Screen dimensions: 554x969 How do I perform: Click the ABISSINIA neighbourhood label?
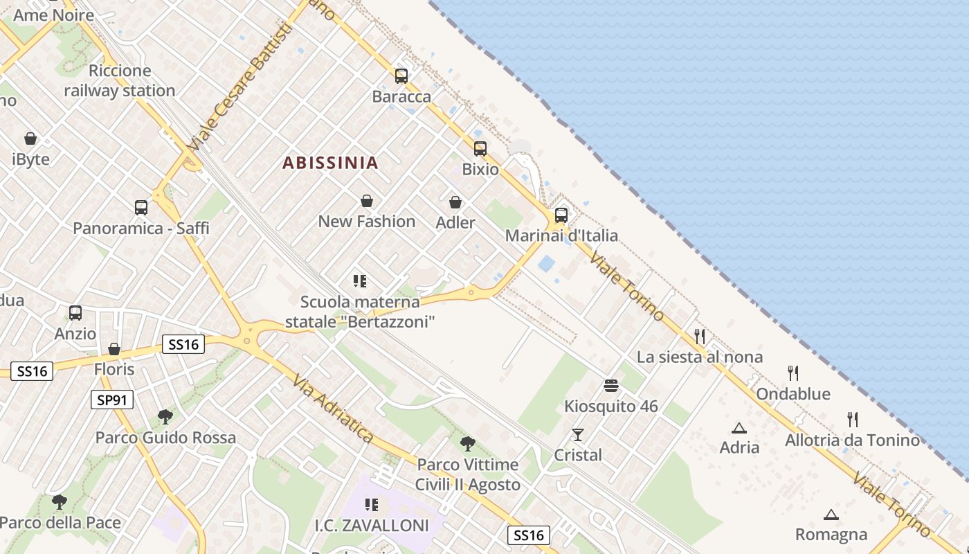330,163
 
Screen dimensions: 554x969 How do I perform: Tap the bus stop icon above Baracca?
401,76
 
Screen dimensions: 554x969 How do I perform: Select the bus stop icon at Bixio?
480,149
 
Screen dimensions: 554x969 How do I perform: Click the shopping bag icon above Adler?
455,202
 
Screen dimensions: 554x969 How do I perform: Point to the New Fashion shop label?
367,222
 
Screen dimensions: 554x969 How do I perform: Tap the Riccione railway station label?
120,80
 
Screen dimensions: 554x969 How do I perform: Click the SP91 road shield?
112,400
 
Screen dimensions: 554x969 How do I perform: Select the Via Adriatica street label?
333,409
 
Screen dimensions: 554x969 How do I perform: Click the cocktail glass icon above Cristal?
578,435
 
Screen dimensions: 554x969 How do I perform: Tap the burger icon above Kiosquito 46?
610,385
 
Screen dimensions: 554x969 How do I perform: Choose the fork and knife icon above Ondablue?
793,373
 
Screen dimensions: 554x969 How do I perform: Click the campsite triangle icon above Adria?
739,428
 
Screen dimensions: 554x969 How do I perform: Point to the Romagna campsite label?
831,535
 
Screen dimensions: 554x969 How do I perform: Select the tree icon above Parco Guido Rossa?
165,417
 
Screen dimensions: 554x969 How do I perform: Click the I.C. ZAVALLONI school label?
372,526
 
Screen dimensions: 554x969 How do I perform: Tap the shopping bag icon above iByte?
30,138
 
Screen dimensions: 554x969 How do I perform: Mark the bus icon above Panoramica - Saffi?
141,207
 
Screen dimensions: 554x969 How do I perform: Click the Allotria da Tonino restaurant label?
853,440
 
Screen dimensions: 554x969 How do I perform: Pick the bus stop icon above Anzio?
75,313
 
